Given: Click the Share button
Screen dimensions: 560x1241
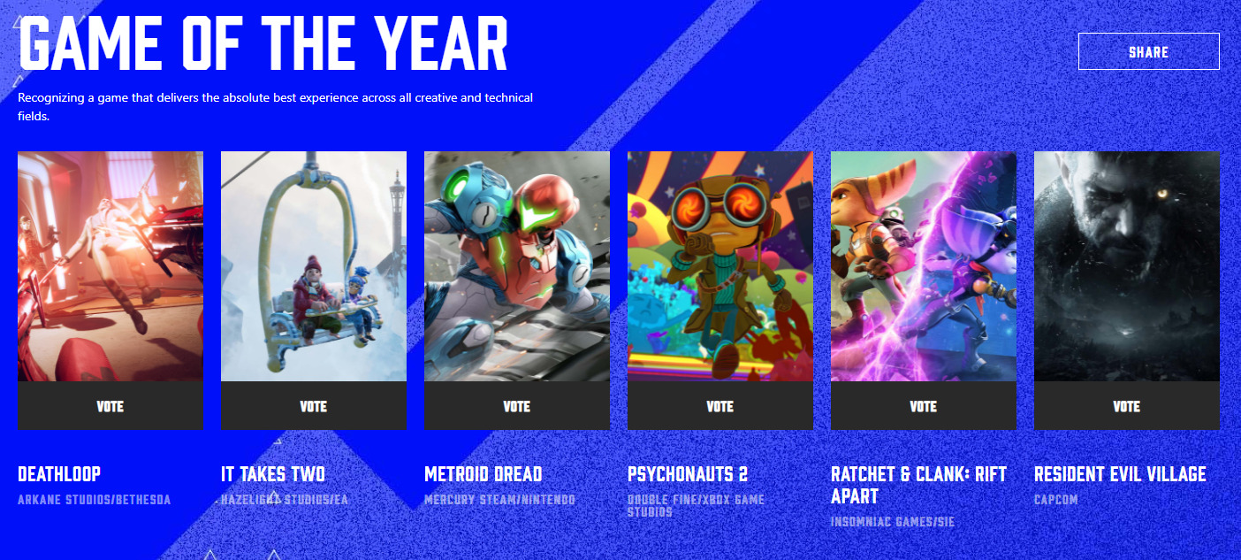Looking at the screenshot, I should click(1148, 52).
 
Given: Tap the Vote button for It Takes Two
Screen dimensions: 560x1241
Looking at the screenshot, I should click(313, 406).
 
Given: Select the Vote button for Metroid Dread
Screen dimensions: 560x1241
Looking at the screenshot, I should click(516, 406).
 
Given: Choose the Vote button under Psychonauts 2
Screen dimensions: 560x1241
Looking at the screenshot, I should click(719, 406).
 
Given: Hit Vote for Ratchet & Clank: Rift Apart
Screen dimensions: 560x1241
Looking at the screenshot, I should click(923, 406).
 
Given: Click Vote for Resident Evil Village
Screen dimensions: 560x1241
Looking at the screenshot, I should click(1126, 406).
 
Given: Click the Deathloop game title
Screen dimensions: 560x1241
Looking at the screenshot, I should click(59, 474).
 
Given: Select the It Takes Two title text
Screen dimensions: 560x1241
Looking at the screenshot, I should click(272, 474).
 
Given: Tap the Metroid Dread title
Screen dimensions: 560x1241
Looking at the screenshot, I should click(483, 474).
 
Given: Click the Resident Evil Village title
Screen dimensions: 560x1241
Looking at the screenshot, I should click(1119, 474).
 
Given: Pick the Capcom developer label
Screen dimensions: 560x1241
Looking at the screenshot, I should click(1055, 500).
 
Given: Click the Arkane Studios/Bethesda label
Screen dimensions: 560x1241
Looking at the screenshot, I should click(94, 500).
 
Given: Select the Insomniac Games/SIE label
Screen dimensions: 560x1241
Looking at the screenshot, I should click(892, 522).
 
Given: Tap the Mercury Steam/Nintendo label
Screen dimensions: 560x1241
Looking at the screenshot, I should click(499, 500).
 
